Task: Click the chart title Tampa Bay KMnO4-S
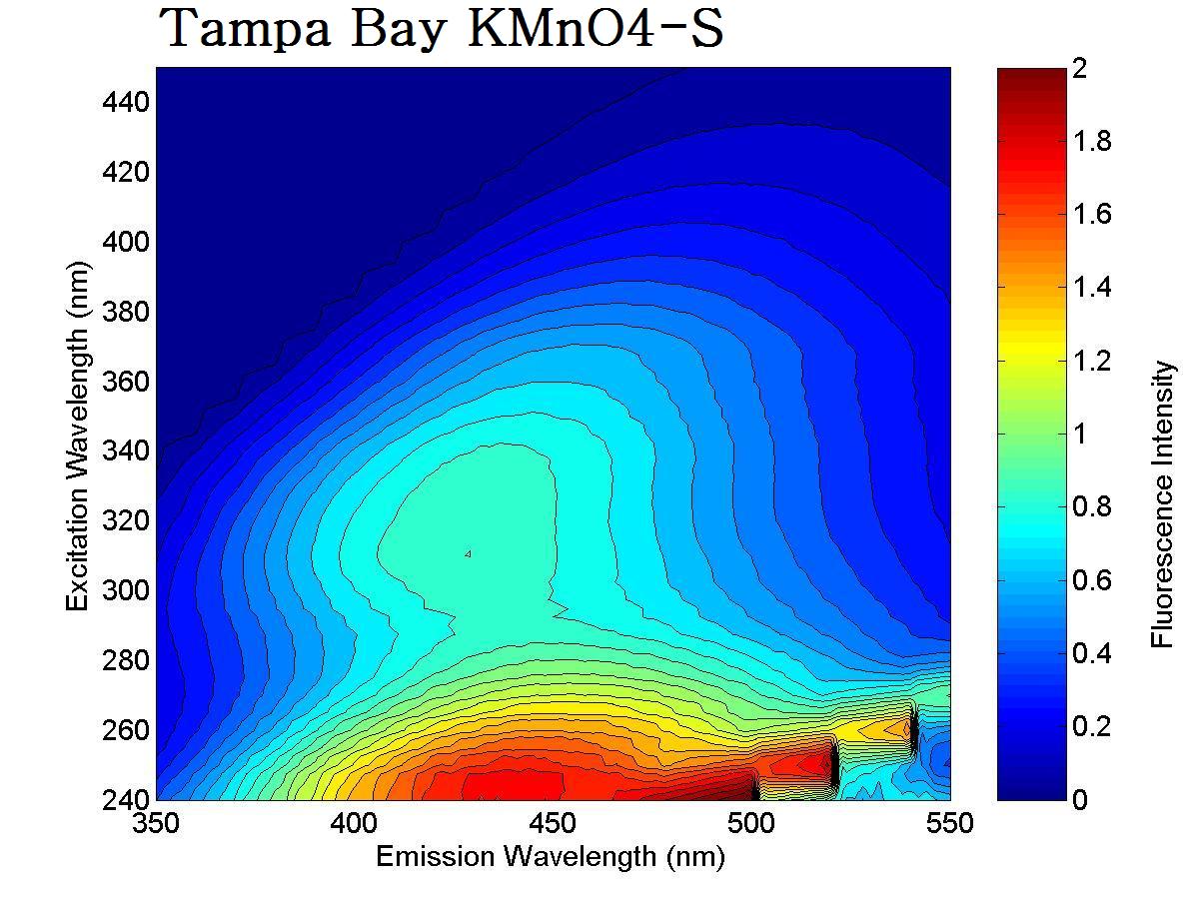[441, 30]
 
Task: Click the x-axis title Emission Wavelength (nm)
[550, 856]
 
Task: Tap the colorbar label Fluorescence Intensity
[1162, 504]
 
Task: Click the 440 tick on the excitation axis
[126, 102]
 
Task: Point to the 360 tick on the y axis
[126, 382]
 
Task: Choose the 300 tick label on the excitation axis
[126, 590]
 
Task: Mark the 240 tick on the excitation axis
[126, 799]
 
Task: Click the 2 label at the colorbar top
[1080, 69]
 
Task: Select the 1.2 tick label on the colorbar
[1092, 361]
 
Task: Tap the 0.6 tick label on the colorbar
[1092, 580]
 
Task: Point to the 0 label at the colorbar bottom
[1080, 799]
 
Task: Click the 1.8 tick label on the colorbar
[1092, 141]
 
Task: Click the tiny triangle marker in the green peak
[468, 553]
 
